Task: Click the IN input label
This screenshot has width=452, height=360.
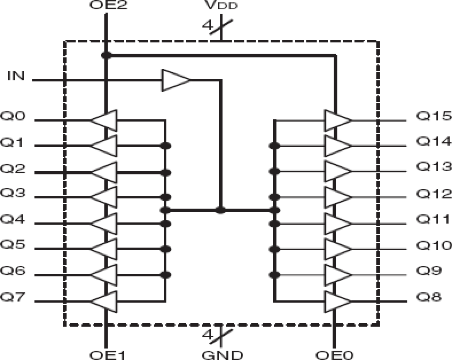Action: pos(16,76)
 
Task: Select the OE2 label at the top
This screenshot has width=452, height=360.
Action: pos(108,5)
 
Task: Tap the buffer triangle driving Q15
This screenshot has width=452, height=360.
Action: pos(337,120)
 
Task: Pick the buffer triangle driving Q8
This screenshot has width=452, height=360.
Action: pos(337,301)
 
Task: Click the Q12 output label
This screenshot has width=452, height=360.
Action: pos(433,194)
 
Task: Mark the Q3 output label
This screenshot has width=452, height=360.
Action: pos(13,193)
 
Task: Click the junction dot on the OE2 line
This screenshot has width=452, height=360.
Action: pos(106,55)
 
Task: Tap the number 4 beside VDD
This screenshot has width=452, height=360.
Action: pos(208,26)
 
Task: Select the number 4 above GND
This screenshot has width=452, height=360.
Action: pos(208,335)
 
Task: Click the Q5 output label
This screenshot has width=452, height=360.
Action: pos(13,245)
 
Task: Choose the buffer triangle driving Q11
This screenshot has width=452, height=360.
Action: pos(337,224)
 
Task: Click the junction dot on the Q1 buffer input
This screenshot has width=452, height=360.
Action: pos(166,146)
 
